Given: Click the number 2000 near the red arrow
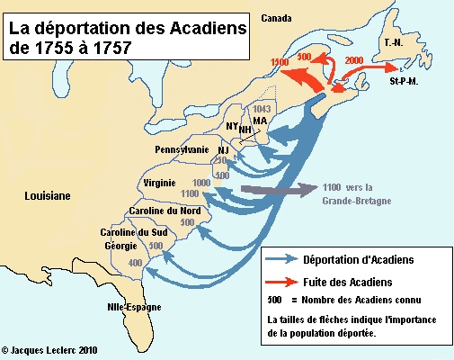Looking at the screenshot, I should pyautogui.click(x=354, y=59).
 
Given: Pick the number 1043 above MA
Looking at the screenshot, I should pyautogui.click(x=263, y=109).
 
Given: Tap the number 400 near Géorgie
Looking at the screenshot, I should pyautogui.click(x=136, y=262).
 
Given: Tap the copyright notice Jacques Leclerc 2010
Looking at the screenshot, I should pyautogui.click(x=49, y=349).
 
